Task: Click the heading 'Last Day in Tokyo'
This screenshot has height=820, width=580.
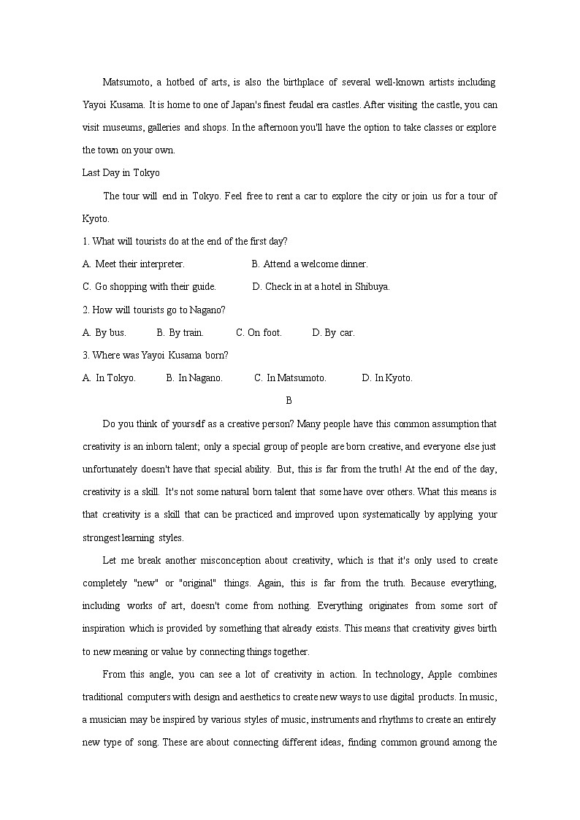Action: [121, 173]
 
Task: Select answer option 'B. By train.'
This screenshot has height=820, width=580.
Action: [180, 332]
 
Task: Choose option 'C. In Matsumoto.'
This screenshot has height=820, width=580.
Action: [290, 378]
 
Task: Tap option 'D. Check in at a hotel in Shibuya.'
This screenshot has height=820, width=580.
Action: [321, 286]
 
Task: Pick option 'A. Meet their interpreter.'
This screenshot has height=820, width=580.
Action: [134, 264]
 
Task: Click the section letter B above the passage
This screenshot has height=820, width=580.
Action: [289, 400]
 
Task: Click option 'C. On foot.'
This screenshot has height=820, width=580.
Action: [259, 332]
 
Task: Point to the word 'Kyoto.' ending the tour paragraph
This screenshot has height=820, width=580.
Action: [96, 218]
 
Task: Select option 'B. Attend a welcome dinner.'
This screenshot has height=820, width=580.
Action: [310, 264]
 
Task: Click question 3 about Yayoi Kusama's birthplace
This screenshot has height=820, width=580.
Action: [155, 355]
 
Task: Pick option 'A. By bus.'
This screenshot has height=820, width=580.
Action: [104, 332]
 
